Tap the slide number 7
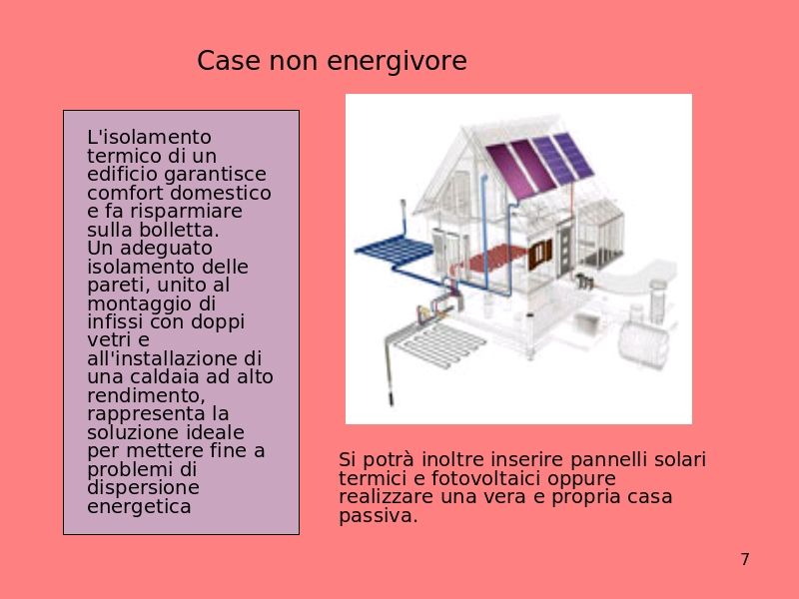coord(745,559)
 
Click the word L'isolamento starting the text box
coord(149,137)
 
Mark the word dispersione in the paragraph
coord(143,488)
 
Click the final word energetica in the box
coord(139,506)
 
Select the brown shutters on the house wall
coord(540,255)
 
